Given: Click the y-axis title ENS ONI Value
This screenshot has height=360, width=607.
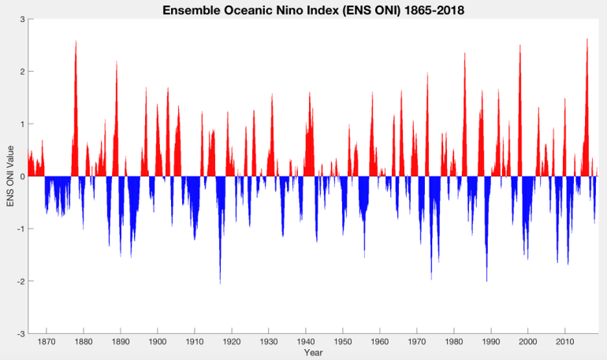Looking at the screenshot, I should click(10, 175).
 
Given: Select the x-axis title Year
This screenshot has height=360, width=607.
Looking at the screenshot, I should click(313, 353).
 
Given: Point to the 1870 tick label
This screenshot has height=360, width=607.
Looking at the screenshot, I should click(47, 342).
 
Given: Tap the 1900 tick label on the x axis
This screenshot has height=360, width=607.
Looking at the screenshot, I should click(158, 342).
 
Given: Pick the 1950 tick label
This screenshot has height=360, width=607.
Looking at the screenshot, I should click(343, 342).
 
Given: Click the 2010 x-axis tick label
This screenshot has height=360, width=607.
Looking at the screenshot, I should click(564, 342).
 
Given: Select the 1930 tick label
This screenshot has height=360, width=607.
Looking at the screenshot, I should click(269, 342).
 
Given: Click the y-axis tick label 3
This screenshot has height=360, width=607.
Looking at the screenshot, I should click(21, 19).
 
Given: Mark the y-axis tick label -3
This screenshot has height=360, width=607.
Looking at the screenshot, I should click(20, 334).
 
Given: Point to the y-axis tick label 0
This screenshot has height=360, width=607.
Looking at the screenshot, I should click(21, 176).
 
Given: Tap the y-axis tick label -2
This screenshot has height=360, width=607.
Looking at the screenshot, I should click(20, 281).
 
